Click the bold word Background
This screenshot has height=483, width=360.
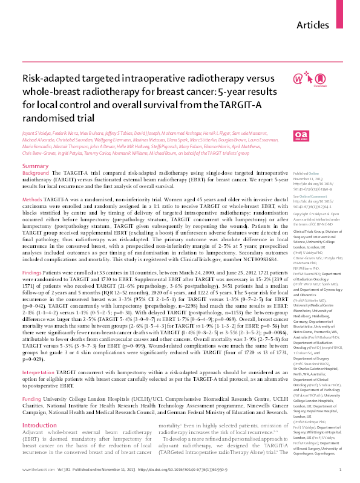tap(35, 155)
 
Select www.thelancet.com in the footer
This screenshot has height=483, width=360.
tap(34, 470)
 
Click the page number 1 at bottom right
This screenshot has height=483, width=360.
tap(341, 470)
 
